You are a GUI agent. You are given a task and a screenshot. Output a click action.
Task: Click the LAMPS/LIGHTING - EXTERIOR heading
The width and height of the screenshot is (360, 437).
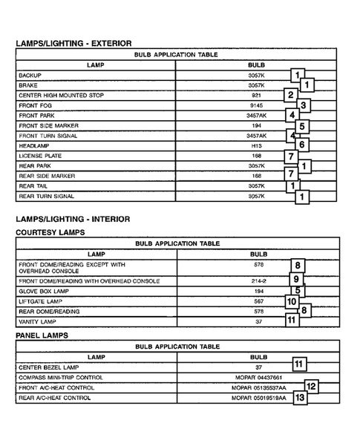tap(73, 44)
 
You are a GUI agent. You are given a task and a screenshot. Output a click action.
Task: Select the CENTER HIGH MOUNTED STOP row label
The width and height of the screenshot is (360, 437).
tap(61, 96)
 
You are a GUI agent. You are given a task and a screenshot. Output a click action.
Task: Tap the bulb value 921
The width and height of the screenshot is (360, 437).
tap(256, 96)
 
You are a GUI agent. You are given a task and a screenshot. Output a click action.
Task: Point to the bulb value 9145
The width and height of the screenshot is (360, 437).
tap(256, 106)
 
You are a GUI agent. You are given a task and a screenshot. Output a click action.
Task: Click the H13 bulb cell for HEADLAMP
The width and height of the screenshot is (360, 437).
tap(256, 146)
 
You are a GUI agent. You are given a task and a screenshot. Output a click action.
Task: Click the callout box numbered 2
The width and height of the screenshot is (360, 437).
tap(291, 95)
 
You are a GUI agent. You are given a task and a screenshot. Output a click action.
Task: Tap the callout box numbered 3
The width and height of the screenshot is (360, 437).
tap(304, 105)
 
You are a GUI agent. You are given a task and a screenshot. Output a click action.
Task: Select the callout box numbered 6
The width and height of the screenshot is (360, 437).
tap(302, 145)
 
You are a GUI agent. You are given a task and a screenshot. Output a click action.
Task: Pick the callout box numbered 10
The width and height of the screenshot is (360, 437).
tap(292, 302)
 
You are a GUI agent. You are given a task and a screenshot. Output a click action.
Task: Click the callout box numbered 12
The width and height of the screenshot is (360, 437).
tap(312, 386)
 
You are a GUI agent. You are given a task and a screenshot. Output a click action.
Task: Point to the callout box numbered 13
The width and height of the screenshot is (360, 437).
tap(300, 398)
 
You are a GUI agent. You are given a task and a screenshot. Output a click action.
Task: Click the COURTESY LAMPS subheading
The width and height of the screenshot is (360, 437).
tap(50, 232)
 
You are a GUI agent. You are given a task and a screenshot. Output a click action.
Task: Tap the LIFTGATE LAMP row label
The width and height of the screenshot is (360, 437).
tap(42, 302)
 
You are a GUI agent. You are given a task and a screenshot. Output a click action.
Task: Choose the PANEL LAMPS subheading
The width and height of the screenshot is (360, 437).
tap(42, 335)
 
